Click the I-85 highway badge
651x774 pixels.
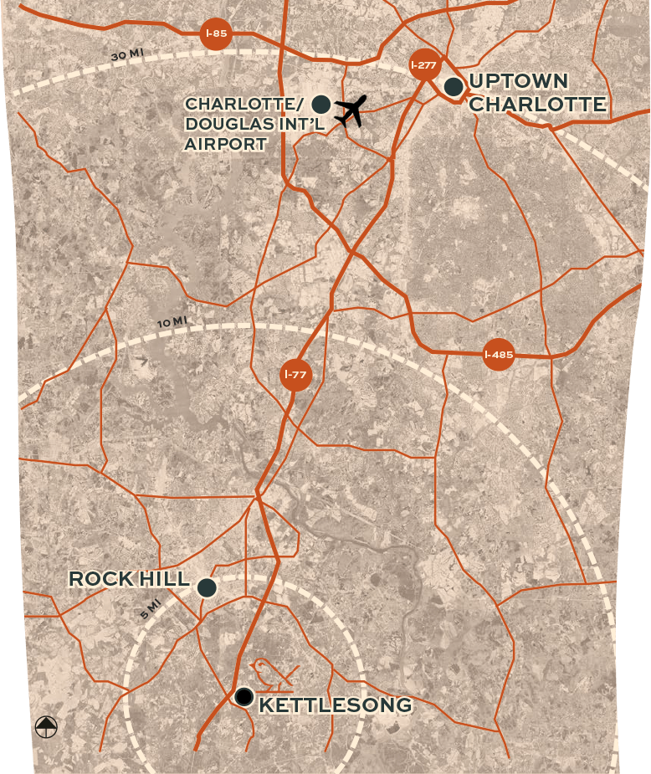coord(216,34)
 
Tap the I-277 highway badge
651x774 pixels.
coord(425,64)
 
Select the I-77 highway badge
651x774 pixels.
coord(295,374)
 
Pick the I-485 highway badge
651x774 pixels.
coord(499,355)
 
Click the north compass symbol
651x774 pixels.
coord(46,727)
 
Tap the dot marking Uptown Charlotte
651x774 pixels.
coord(454,86)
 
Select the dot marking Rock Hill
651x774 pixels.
coord(207,587)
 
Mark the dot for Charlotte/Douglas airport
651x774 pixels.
coord(320,105)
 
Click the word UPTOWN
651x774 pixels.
coord(519,81)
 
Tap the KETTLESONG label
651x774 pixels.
coord(336,705)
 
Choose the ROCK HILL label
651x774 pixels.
coord(129,579)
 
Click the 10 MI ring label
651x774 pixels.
coord(172,322)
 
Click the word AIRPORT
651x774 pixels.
coord(226,145)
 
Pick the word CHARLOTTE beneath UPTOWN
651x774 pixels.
coord(536,105)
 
